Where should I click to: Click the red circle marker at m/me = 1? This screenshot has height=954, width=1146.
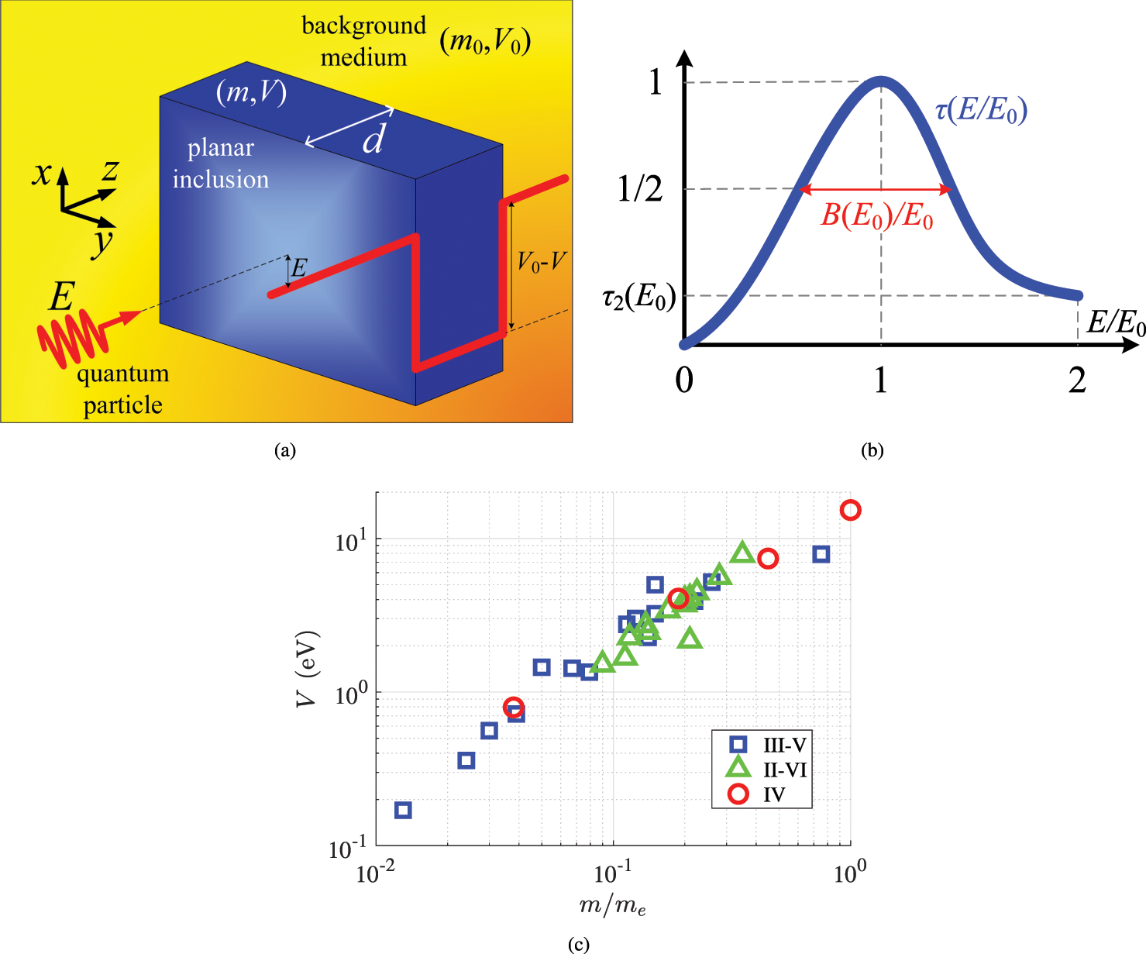coord(850,510)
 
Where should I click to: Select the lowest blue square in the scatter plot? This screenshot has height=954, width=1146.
coord(403,811)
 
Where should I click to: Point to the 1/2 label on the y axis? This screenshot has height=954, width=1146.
coord(640,188)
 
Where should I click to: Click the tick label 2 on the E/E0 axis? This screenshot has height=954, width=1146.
coord(1077,381)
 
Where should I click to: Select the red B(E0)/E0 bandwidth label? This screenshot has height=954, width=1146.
coord(876,216)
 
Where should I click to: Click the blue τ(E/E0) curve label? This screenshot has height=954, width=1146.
coord(981,111)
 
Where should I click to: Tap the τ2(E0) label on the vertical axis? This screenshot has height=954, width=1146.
coord(639,296)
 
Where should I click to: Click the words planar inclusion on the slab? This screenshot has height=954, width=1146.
coord(221,164)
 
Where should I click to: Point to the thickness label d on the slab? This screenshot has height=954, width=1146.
coord(373,139)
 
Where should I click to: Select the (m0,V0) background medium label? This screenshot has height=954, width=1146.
coord(485,41)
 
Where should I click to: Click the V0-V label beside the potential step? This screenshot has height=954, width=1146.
coord(542,262)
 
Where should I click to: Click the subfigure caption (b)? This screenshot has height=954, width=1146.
coord(872,450)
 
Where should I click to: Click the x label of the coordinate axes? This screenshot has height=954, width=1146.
coord(43,172)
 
